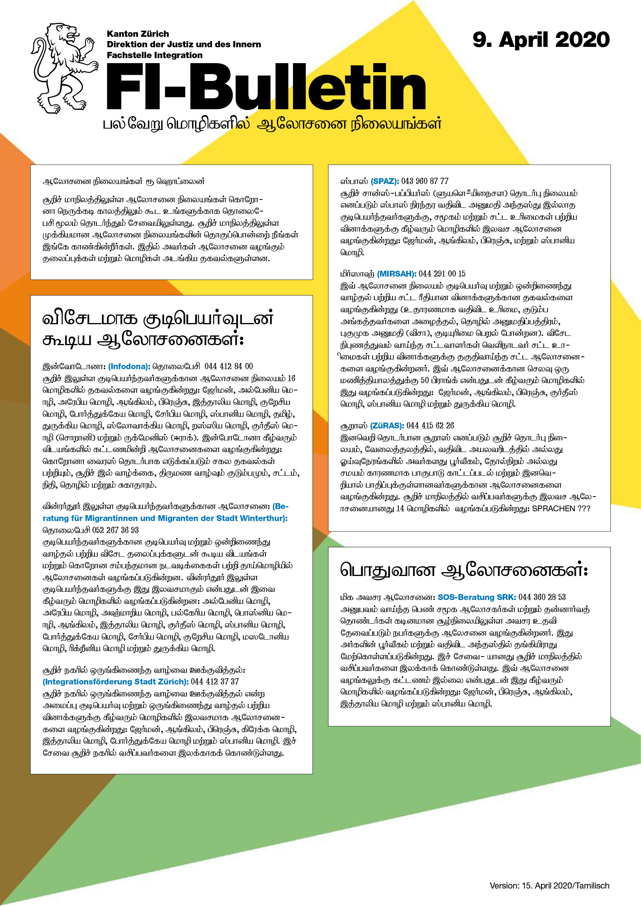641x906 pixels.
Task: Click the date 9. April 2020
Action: (541, 40)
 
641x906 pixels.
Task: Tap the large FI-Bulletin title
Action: (266, 87)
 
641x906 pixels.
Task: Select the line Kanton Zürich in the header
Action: (138, 34)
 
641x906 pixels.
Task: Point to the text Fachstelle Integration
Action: (154, 55)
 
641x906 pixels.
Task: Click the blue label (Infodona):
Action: (129, 366)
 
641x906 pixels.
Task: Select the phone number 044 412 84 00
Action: (229, 366)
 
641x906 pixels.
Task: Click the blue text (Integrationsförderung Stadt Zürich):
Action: (115, 681)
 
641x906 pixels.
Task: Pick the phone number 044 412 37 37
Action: (215, 681)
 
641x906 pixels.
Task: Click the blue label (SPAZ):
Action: (384, 182)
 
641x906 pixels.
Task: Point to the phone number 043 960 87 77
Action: (425, 182)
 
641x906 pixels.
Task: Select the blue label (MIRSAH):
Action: (396, 274)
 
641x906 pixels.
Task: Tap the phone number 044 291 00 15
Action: (442, 274)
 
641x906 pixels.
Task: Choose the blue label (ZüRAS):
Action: (386, 426)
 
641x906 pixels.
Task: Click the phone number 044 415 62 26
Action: (430, 426)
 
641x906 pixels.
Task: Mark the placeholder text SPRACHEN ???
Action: (561, 509)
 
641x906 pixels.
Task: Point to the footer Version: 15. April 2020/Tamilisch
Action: (549, 885)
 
